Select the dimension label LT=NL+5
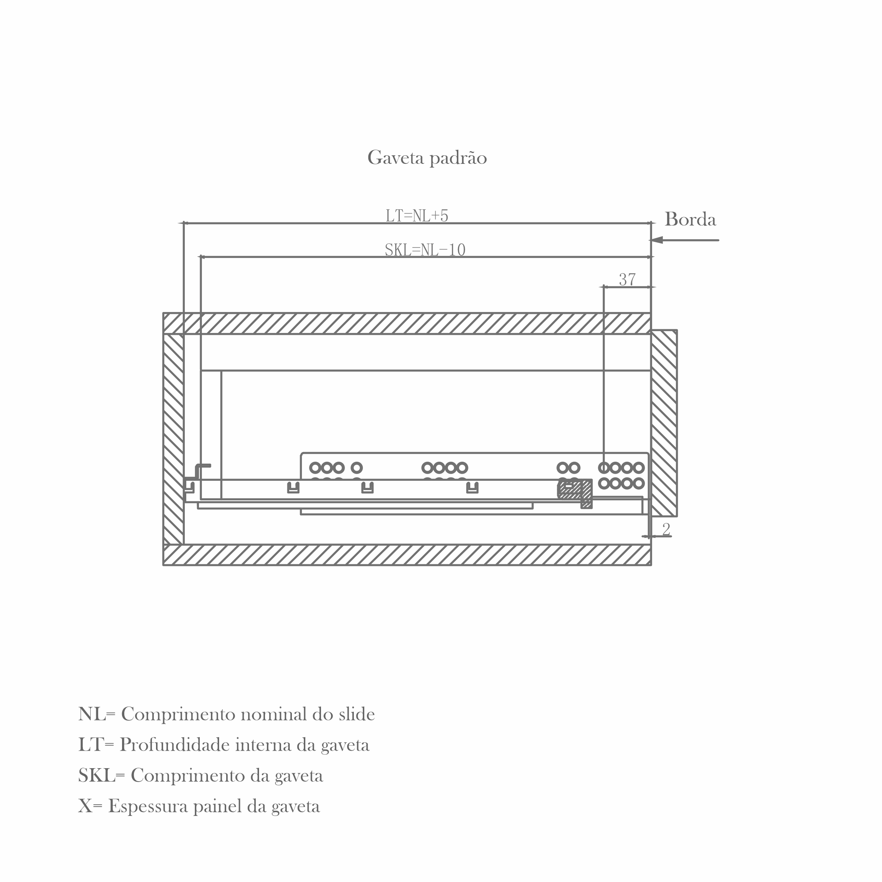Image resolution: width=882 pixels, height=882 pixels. coord(417,215)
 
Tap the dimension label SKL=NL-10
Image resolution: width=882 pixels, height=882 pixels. coord(425,250)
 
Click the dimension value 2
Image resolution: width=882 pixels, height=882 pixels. coord(666,530)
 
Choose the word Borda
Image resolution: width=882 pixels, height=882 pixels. coord(690,219)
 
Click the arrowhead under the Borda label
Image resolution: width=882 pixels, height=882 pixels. coord(657,240)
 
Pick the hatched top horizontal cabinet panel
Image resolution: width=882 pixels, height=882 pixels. coord(407,323)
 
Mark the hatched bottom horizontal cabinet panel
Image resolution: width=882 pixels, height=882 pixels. coord(407,555)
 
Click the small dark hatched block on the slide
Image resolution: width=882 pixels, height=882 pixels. coord(575,491)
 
